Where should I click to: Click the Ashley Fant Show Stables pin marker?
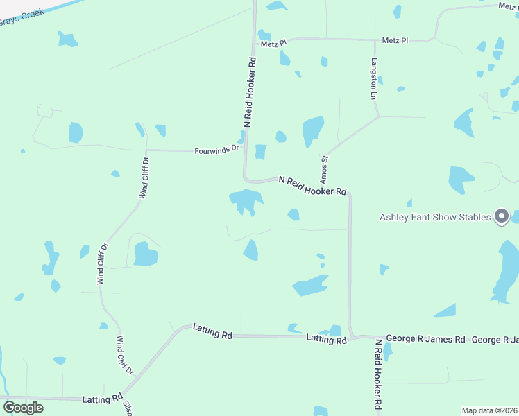pyautogui.click(x=501, y=216)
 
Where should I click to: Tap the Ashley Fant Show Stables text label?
pyautogui.click(x=435, y=217)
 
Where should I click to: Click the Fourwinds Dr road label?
pyautogui.click(x=216, y=148)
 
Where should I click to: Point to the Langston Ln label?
pyautogui.click(x=373, y=77)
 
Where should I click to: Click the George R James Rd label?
pyautogui.click(x=425, y=339)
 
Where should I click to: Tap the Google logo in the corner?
pyautogui.click(x=23, y=407)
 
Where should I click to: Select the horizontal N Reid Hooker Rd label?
pyautogui.click(x=312, y=185)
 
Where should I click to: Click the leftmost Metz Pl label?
pyautogui.click(x=273, y=44)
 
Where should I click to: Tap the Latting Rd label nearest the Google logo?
pyautogui.click(x=101, y=399)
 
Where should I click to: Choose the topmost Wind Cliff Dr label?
pyautogui.click(x=144, y=178)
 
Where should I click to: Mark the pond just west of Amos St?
pyautogui.click(x=312, y=130)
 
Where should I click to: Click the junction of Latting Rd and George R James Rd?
pyautogui.click(x=352, y=338)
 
